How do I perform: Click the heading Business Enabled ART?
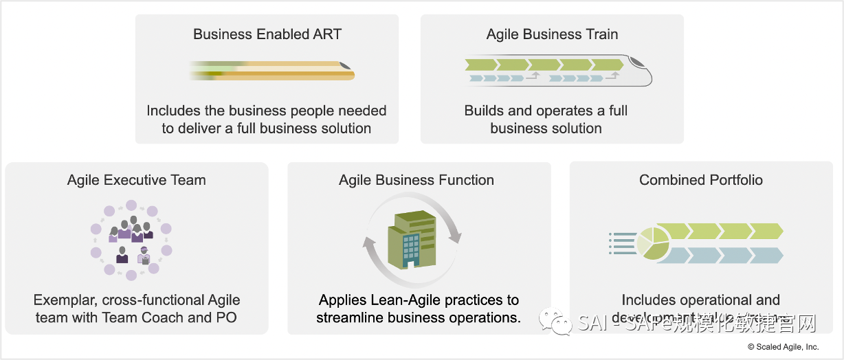click(267, 34)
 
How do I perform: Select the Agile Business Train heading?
click(552, 34)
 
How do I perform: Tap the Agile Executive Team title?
click(136, 180)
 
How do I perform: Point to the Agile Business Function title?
click(417, 180)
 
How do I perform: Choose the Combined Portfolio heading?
click(701, 180)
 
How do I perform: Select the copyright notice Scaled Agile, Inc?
click(784, 347)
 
